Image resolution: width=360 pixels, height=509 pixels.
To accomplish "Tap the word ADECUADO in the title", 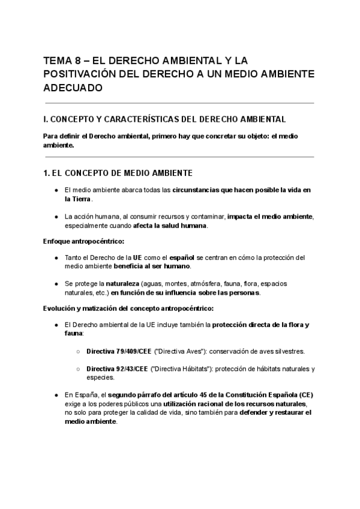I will (x=73, y=88).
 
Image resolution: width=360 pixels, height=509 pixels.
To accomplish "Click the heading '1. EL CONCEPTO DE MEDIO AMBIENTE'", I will (x=118, y=173).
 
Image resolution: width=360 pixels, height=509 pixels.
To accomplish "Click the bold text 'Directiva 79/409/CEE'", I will (x=119, y=351).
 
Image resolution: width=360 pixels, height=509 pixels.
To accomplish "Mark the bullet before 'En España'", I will (x=55, y=396).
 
